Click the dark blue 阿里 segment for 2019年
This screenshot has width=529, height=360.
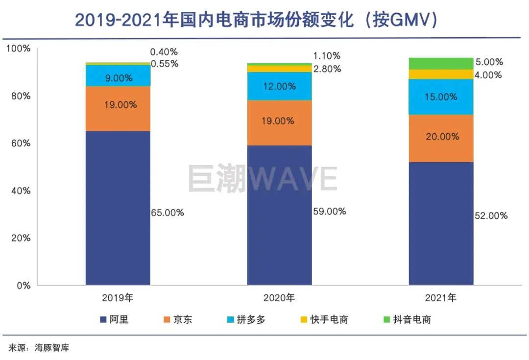pyautogui.click(x=118, y=208)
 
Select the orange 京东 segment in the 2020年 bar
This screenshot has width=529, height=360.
pyautogui.click(x=279, y=122)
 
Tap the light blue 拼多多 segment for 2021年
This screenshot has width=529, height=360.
pyautogui.click(x=441, y=96)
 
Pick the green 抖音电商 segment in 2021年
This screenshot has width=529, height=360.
pyautogui.click(x=441, y=63)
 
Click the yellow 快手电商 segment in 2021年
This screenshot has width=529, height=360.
pyautogui.click(x=441, y=74)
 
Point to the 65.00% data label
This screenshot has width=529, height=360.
pyautogui.click(x=168, y=213)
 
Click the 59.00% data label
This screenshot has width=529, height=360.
pyautogui.click(x=329, y=212)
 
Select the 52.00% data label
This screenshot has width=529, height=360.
pyautogui.click(x=491, y=216)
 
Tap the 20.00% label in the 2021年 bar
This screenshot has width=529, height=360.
pyautogui.click(x=442, y=137)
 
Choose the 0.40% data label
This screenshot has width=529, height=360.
pyautogui.click(x=164, y=51)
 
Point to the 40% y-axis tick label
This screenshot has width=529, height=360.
pyautogui.click(x=20, y=191)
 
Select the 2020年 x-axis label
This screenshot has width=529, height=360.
pyautogui.click(x=279, y=297)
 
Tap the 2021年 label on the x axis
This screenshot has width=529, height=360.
pyautogui.click(x=441, y=297)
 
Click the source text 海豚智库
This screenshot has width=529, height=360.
pyautogui.click(x=52, y=348)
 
